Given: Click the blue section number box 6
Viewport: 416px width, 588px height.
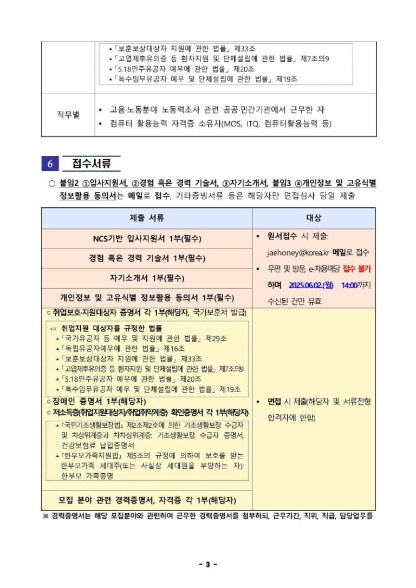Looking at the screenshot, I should click(x=50, y=164).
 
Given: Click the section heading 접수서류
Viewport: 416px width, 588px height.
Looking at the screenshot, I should click(x=92, y=164).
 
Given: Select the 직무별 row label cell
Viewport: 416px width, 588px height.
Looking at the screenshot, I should click(x=68, y=116).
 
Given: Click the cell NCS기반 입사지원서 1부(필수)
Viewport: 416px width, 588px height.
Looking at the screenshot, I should click(x=147, y=239).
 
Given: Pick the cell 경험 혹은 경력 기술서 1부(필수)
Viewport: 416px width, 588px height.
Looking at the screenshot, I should click(x=147, y=258).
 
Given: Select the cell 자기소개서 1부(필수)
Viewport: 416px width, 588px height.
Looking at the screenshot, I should click(x=147, y=278).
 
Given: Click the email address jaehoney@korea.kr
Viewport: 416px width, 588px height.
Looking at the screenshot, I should click(x=298, y=252).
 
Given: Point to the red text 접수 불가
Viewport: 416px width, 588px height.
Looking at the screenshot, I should click(x=357, y=269).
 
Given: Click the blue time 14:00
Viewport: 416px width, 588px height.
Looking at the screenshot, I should click(x=349, y=285).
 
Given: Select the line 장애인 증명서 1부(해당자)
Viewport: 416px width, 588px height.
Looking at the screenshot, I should click(x=96, y=401).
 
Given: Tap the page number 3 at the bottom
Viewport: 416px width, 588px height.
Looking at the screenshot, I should click(x=207, y=565).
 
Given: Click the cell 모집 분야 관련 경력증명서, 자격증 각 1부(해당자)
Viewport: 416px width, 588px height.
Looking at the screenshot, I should click(x=147, y=500).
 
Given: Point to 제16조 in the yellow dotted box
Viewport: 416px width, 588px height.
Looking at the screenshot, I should click(x=174, y=349).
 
